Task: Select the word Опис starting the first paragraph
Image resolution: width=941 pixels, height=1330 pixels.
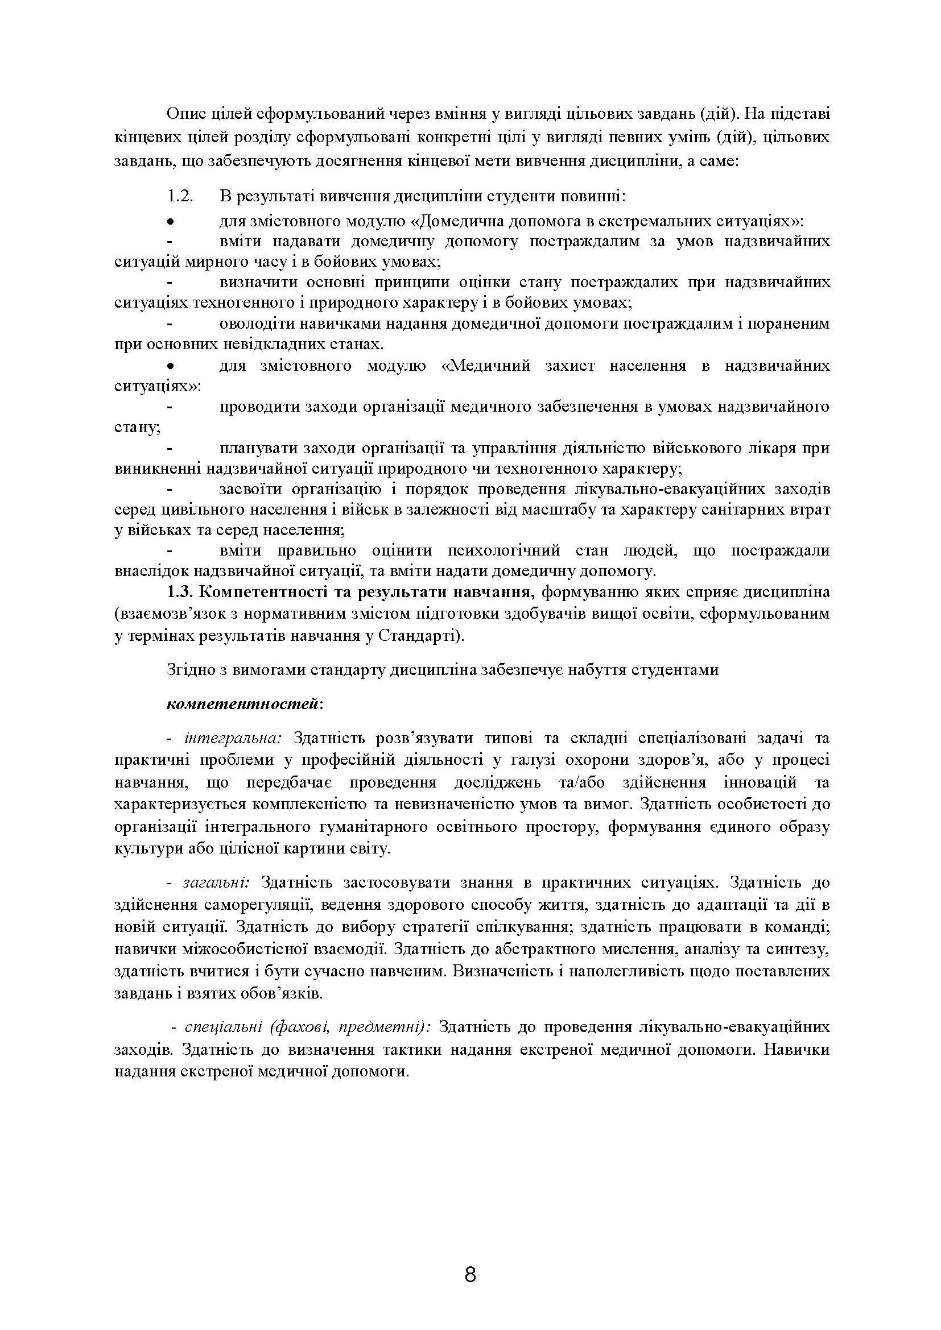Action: [184, 114]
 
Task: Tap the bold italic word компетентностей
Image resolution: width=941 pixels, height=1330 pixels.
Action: [242, 704]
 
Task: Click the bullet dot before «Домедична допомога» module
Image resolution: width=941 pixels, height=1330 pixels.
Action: [170, 221]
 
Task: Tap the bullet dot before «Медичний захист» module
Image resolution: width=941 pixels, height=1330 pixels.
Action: [170, 366]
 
